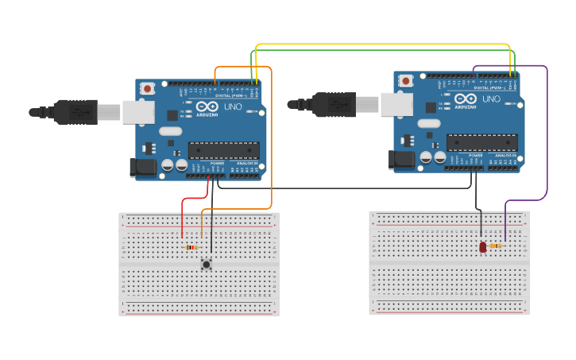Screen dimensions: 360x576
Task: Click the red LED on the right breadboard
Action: [482, 247]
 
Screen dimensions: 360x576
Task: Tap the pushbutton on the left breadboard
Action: [207, 264]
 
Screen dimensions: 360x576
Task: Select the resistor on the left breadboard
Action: [191, 247]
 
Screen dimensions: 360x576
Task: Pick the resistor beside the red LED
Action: [496, 246]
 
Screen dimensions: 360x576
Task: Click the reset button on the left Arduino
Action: [147, 89]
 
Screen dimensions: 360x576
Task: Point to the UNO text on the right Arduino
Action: [492, 99]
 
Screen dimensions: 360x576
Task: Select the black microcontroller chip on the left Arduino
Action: [223, 150]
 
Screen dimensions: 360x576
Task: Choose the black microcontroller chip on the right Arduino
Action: [481, 142]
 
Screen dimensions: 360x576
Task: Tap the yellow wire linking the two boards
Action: [381, 44]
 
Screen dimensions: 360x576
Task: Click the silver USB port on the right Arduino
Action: [396, 104]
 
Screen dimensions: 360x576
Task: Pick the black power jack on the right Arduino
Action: [401, 160]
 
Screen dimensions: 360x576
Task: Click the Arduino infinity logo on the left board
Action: [207, 106]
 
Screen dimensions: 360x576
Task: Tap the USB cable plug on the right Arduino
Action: [334, 104]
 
